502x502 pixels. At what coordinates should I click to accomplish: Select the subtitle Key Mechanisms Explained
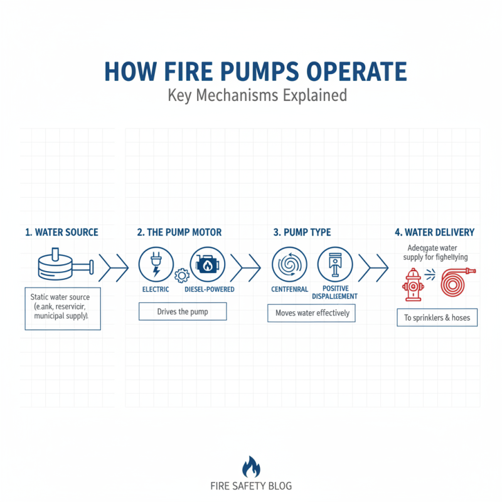(x=257, y=96)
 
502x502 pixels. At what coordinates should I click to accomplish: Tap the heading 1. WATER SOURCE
(x=61, y=232)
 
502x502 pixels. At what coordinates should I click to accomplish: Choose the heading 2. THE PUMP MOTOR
(x=179, y=232)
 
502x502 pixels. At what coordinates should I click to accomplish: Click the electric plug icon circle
(x=154, y=264)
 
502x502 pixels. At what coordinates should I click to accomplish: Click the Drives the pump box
(x=182, y=311)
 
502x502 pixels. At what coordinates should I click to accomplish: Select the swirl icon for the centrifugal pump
(x=288, y=264)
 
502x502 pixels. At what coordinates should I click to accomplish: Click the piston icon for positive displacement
(x=334, y=264)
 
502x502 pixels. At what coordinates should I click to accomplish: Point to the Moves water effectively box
(x=312, y=312)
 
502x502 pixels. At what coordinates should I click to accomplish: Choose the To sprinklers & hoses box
(x=437, y=318)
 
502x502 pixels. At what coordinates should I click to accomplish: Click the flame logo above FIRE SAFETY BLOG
(x=251, y=467)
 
